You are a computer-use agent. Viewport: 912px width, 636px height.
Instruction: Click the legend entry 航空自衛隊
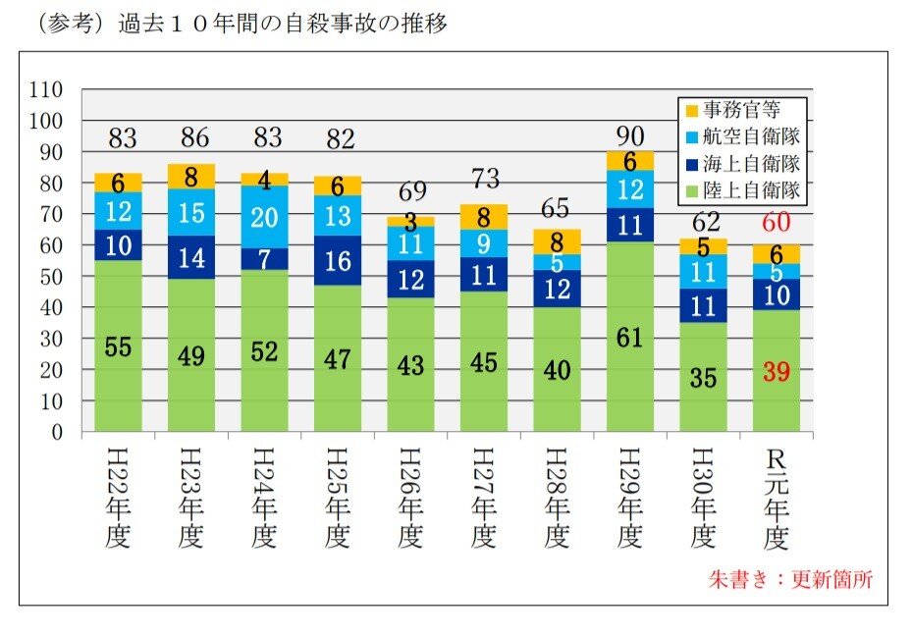pos(742,136)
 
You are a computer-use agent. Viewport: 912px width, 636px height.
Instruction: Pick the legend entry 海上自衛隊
pos(742,163)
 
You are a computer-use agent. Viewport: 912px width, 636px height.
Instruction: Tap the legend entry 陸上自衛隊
pos(742,190)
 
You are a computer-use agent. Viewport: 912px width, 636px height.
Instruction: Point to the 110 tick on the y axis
pos(46,89)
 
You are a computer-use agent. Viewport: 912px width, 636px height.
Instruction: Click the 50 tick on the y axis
pos(50,277)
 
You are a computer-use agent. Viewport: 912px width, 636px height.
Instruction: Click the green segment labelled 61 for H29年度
pos(630,339)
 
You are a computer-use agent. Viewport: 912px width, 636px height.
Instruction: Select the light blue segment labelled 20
pos(265,217)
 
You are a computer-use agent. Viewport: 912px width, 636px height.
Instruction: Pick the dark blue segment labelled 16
pos(338,260)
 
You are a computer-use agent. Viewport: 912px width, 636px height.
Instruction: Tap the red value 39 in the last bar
pos(777,372)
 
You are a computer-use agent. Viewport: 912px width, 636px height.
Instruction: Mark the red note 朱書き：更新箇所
pos(789,579)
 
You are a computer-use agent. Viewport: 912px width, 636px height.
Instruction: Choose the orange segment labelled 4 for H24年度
pos(265,180)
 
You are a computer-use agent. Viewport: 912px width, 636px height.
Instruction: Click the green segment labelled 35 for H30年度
pos(704,377)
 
